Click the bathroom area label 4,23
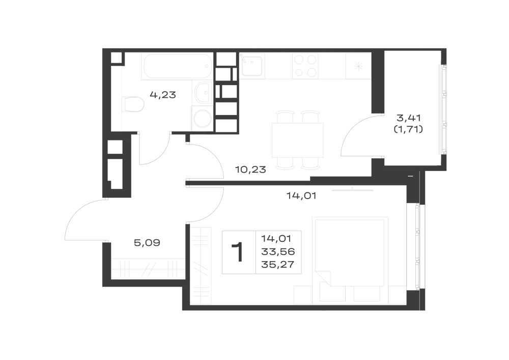pos(163,95)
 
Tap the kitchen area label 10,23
pos(250,169)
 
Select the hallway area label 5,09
pos(147,242)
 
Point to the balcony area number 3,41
pos(408,118)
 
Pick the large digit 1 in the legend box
pos(237,252)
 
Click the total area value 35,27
pos(278,265)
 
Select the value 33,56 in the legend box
pos(278,252)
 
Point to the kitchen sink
pos(252,66)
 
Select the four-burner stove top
pos(305,66)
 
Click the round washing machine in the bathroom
pos(202,119)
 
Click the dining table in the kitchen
pos(298,140)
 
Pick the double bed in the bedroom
pos(350,260)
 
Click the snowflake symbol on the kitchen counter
pos(358,66)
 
